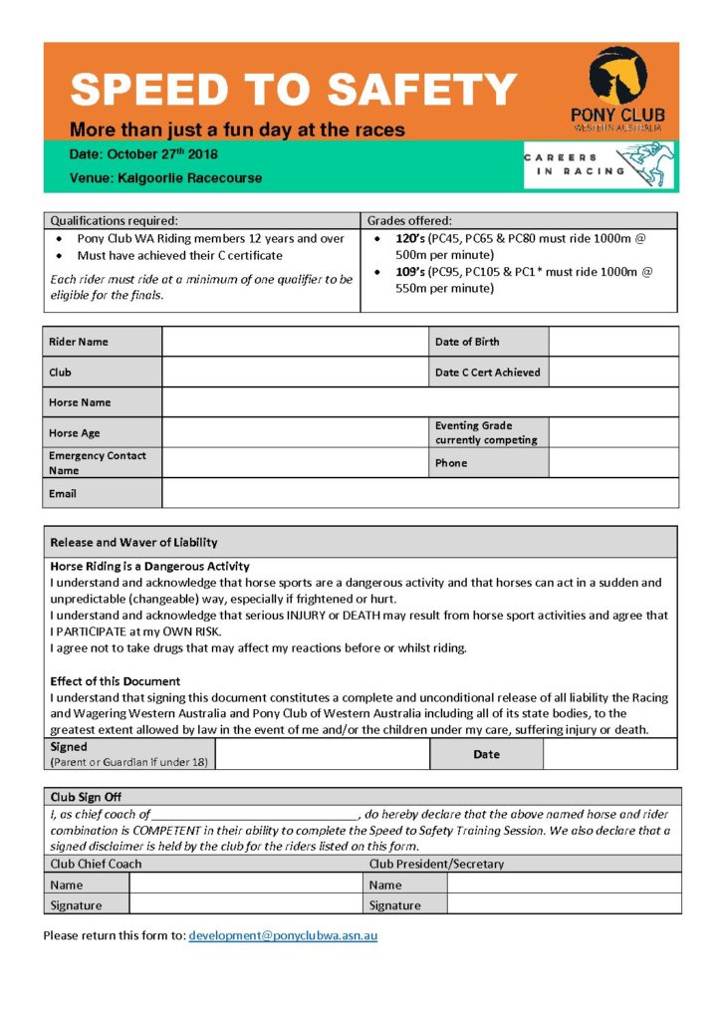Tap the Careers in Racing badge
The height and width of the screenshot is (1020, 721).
click(599, 164)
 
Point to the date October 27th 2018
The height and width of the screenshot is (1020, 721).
click(143, 154)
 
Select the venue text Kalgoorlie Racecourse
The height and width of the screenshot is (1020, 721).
click(166, 178)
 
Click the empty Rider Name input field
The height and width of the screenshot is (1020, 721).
click(295, 342)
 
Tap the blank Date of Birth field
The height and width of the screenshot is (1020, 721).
click(612, 342)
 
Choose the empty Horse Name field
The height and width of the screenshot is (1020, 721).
click(419, 402)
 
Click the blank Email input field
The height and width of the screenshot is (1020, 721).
click(419, 493)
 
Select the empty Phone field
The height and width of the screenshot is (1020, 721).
click(612, 463)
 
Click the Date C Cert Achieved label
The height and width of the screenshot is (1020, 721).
click(487, 373)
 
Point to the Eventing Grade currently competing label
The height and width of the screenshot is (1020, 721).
click(485, 432)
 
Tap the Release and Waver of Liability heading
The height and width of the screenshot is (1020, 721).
click(133, 543)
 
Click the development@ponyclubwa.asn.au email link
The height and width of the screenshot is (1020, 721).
click(283, 936)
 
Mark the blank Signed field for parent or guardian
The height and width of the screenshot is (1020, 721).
click(322, 754)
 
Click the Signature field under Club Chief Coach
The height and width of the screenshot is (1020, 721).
click(244, 904)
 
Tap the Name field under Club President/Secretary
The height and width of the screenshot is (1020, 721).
click(564, 884)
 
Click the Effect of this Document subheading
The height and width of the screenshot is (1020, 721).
click(116, 682)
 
